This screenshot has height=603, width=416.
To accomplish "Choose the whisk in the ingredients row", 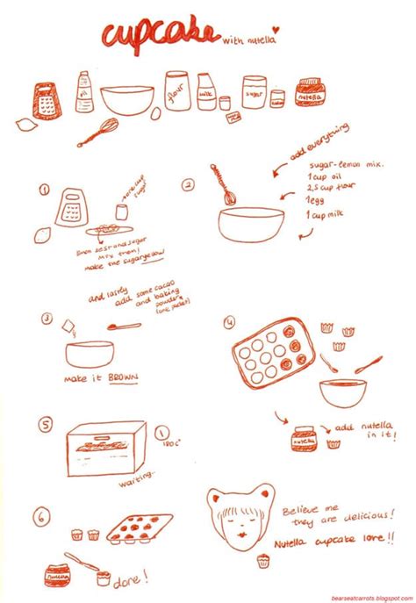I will click(99, 132).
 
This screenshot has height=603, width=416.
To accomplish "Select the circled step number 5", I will click(46, 426).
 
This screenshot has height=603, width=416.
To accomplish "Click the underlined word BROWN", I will click(124, 378).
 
